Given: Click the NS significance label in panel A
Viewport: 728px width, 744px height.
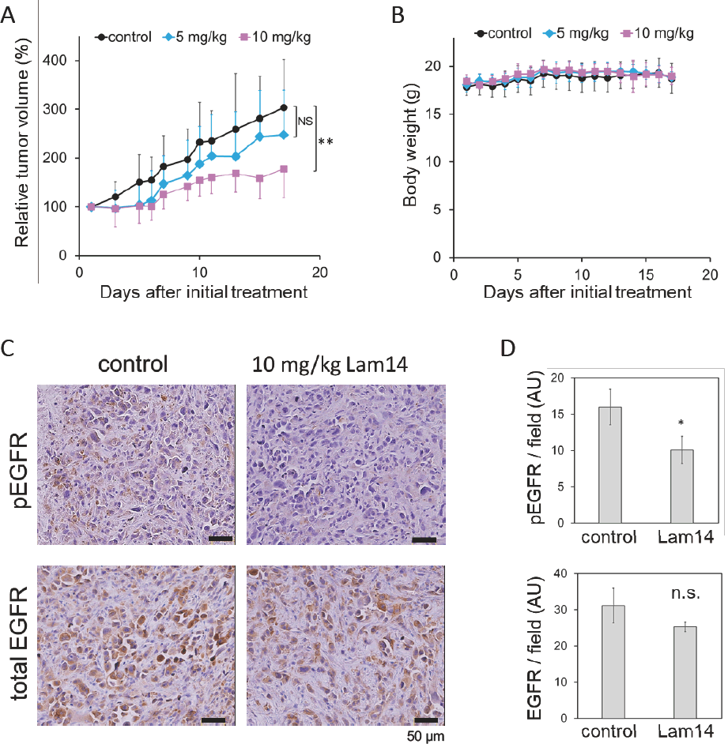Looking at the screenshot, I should tap(304, 122).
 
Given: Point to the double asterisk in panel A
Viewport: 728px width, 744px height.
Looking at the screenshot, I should tap(325, 142).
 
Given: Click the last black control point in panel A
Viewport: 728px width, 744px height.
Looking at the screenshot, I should tap(283, 108).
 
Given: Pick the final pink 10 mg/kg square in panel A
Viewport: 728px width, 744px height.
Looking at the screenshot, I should tap(283, 169).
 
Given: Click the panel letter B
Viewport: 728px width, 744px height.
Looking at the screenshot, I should tap(397, 13).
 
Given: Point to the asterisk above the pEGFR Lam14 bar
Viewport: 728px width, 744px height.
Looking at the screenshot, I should tap(681, 423).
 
